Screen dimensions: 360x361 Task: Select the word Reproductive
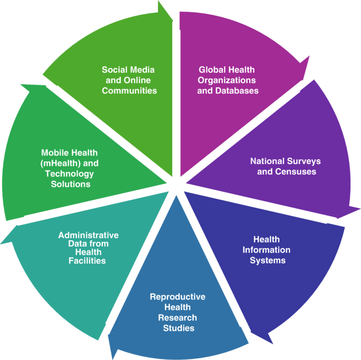point(177,296)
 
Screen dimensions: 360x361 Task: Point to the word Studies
point(178,328)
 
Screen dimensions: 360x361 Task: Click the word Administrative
point(88,235)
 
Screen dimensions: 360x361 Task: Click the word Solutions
point(67,184)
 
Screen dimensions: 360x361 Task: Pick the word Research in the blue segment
point(177,317)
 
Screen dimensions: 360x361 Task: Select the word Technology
point(69,173)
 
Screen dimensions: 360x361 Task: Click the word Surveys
point(304,161)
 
